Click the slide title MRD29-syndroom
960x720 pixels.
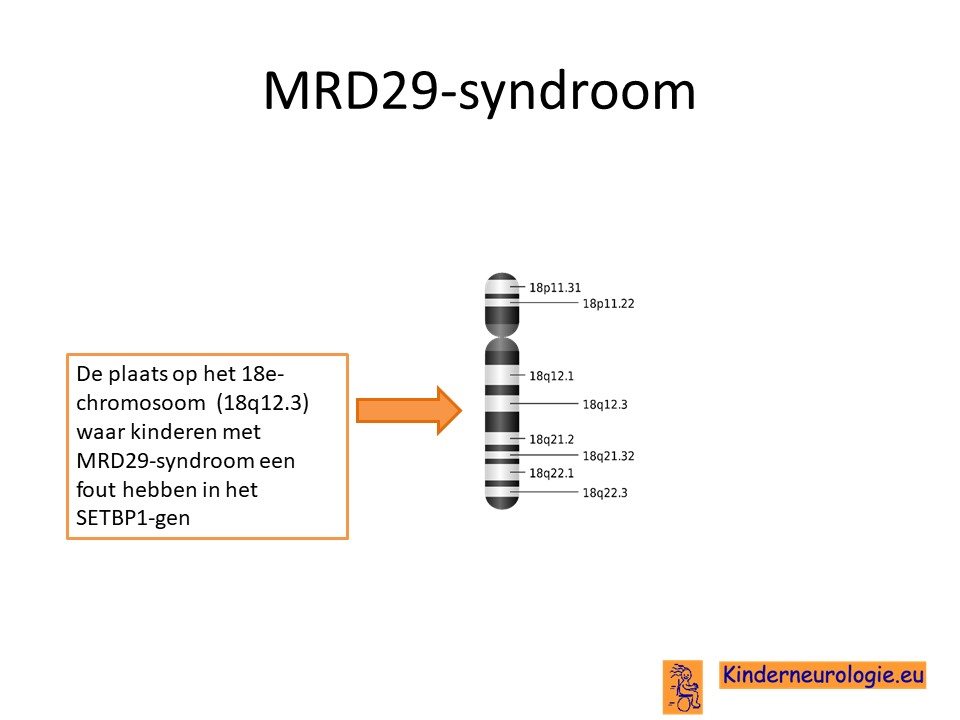479,92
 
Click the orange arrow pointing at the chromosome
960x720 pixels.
408,410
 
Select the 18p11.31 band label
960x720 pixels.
555,287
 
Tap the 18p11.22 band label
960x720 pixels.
608,303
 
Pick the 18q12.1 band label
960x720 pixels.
551,376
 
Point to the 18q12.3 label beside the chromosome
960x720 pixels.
605,404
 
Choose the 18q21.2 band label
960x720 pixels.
551,439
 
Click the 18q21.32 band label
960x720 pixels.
608,456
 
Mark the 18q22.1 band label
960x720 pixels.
551,473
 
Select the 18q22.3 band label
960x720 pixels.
605,492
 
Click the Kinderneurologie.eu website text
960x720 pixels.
822,675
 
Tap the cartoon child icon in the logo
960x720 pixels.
683,687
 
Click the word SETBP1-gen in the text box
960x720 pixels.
133,518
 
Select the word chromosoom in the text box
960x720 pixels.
141,403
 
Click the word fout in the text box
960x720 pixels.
91,489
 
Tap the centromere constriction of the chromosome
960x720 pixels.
502,336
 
